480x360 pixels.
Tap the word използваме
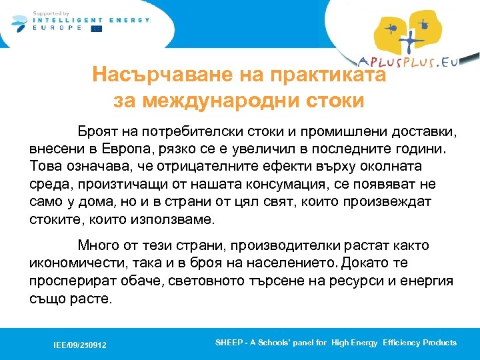176,219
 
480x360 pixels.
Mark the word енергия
426,281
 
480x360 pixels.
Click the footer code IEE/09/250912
80,345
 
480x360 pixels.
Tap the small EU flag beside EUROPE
97,29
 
